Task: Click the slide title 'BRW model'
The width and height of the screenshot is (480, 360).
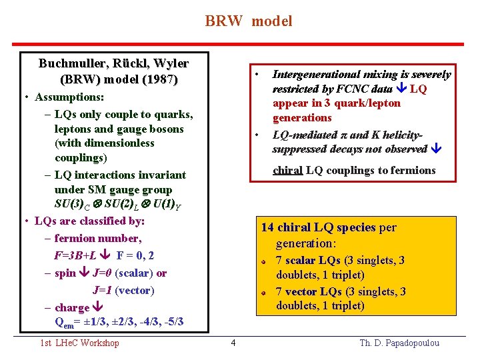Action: pyautogui.click(x=248, y=21)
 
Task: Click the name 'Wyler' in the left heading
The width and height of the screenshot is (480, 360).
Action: pyautogui.click(x=171, y=64)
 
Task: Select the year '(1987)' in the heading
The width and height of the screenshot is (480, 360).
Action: pyautogui.click(x=158, y=80)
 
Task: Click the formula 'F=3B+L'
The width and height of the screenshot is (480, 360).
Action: pyautogui.click(x=76, y=255)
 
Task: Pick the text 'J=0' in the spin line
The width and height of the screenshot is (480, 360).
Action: pyautogui.click(x=102, y=273)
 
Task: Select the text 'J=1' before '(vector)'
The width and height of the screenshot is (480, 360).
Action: pyautogui.click(x=103, y=291)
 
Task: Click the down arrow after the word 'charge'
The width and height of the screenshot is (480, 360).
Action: pyautogui.click(x=97, y=308)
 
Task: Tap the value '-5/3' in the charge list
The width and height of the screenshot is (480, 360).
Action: pyautogui.click(x=172, y=323)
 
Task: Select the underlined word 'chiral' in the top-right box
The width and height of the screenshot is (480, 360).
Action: pyautogui.click(x=287, y=170)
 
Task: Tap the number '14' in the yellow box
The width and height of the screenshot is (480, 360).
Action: pyautogui.click(x=267, y=228)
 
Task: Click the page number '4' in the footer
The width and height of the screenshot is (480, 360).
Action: pyautogui.click(x=233, y=343)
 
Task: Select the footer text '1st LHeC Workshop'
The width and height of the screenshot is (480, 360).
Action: pyautogui.click(x=79, y=343)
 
